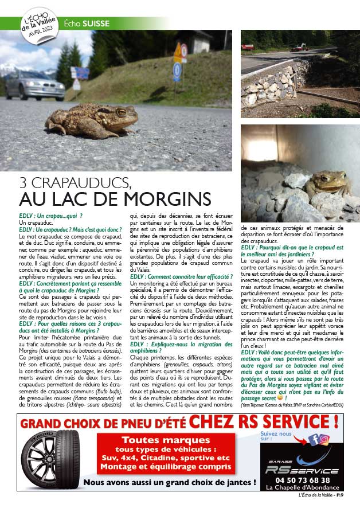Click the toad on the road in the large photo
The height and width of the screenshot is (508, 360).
click(91, 119)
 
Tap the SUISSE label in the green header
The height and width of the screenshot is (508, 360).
click(96, 24)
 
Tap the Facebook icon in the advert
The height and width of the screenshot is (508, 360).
click(314, 440)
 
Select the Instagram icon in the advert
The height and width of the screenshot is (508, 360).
click(324, 440)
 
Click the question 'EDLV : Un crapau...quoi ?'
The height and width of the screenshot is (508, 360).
click(51, 216)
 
